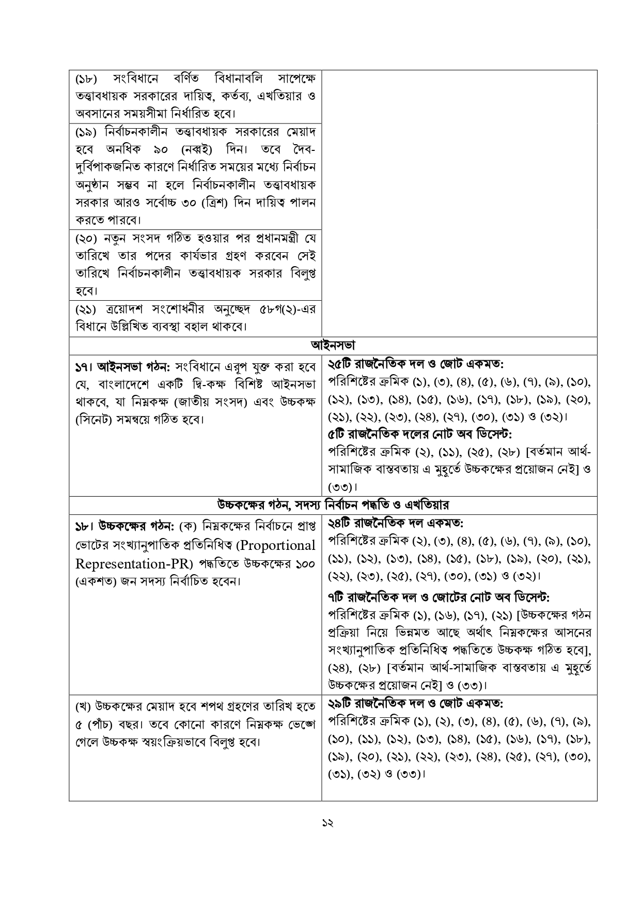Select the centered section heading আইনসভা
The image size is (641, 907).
coord(333,345)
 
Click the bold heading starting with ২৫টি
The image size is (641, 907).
coord(416,364)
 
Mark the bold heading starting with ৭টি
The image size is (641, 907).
coord(439,597)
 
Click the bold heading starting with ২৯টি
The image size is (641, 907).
coord(416,703)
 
